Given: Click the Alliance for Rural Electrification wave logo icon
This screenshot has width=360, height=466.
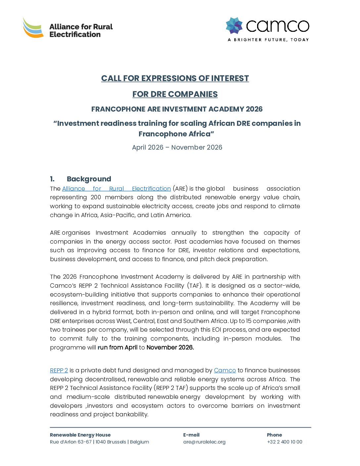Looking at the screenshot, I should point(33,28).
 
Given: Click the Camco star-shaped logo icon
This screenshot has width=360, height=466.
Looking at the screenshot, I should point(234,26).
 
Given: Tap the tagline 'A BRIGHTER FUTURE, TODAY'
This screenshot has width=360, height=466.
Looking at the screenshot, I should point(268,40).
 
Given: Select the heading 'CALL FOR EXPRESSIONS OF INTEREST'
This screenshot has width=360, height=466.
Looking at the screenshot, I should point(175,78).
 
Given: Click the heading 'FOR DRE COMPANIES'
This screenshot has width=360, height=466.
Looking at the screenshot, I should point(175,94).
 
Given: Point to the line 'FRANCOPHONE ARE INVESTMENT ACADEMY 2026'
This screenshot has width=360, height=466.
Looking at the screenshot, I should point(177,109).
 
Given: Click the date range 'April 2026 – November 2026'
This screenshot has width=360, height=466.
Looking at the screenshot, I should point(177,147).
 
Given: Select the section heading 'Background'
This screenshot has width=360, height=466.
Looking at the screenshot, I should point(89,179).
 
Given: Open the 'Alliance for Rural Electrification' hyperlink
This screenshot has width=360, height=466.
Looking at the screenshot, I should point(116,189).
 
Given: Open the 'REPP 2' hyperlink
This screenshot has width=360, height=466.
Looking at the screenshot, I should point(59,370).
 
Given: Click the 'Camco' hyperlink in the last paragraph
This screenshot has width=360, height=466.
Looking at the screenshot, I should point(225,370).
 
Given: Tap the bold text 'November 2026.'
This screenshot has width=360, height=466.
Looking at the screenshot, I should point(170,348).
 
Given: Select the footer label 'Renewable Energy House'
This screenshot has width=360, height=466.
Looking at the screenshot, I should point(80,435).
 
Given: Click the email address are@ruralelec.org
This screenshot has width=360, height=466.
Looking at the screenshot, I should point(204,442).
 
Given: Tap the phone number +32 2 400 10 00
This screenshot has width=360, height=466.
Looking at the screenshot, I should point(285,442).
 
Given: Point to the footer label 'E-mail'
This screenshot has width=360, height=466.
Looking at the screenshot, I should point(191,435).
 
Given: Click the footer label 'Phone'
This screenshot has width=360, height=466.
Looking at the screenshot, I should point(274,435).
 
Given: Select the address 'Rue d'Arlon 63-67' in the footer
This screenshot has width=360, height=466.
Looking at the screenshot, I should point(71,442).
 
